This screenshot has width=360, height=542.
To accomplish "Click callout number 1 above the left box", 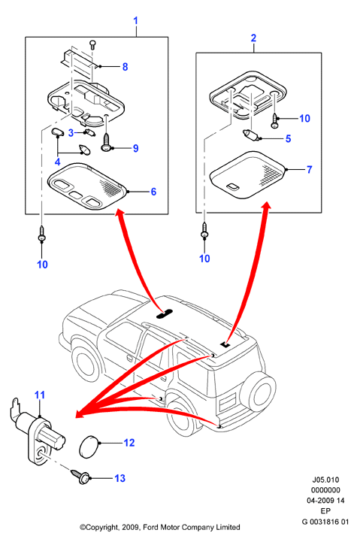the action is [x=136, y=21].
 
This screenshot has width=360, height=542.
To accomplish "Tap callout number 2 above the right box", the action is [x=253, y=38].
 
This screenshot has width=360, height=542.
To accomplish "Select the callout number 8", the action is [x=125, y=67].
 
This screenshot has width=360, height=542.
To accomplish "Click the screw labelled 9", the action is [x=106, y=146].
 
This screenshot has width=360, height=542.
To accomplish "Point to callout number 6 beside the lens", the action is [x=153, y=192].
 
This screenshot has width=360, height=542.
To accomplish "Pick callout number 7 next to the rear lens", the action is [x=309, y=170].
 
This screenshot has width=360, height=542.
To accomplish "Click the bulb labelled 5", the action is [x=250, y=135].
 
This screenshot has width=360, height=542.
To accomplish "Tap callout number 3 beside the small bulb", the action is [x=71, y=133].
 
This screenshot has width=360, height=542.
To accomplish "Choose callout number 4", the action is [x=57, y=162].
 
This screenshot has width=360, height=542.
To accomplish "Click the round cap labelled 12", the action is [x=87, y=447].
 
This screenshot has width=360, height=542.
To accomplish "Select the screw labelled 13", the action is [x=80, y=477].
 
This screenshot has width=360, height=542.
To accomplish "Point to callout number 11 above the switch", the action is [x=40, y=395].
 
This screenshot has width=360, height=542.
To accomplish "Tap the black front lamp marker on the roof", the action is [x=165, y=313].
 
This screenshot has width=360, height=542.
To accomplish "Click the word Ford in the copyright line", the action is [x=150, y=527].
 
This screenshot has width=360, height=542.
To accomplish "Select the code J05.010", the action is [x=325, y=480].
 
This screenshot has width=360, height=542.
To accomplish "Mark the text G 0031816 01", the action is [x=325, y=522].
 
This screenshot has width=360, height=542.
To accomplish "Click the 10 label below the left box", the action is [x=42, y=265].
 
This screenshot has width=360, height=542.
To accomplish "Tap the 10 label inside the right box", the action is [x=304, y=119].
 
